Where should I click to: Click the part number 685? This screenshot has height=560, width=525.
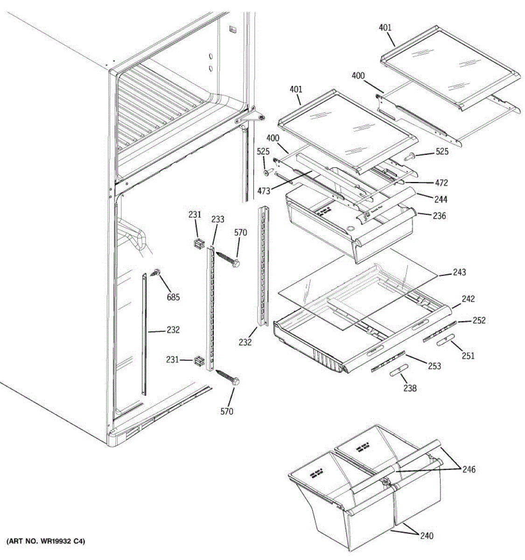click(173, 297)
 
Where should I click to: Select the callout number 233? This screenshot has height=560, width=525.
click(217, 219)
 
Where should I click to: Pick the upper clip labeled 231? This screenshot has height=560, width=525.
click(199, 243)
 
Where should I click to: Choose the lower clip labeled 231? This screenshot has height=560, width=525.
click(199, 360)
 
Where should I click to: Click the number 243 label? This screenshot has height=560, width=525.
click(459, 272)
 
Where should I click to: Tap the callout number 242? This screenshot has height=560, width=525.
click(468, 299)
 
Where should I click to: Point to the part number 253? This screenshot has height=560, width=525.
click(434, 366)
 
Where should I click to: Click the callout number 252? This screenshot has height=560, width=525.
click(479, 321)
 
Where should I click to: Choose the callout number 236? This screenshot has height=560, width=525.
click(439, 216)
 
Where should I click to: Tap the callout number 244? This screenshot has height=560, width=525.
click(440, 200)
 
